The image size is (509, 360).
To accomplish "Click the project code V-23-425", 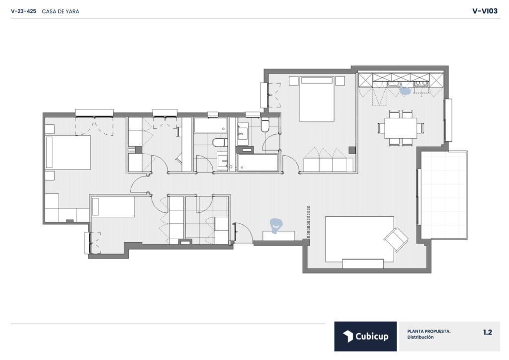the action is [x=23, y=11].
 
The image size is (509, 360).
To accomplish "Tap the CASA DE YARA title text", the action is [x=60, y=11].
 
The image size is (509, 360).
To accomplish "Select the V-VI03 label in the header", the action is [x=485, y=11].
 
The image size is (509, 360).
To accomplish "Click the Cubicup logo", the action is [x=365, y=336].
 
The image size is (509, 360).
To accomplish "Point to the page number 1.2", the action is [x=488, y=332].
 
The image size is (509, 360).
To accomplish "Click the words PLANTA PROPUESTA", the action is [x=429, y=332].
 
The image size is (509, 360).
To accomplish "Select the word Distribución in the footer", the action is [x=421, y=337].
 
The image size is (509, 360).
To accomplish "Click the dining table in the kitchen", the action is [x=401, y=128].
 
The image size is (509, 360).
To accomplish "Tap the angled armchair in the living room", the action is [x=396, y=239].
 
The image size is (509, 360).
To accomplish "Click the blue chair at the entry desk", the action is [x=276, y=225].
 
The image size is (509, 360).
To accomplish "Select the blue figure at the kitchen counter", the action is [x=405, y=90].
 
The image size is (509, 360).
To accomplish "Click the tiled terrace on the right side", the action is [x=444, y=195].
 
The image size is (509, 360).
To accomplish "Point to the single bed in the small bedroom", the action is [x=113, y=207].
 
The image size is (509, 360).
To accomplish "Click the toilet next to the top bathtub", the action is [x=220, y=142].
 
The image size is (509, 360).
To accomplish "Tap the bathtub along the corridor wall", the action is [x=258, y=162].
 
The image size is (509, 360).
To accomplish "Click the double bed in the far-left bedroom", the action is [x=68, y=152].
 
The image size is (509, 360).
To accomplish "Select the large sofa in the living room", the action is [x=360, y=239].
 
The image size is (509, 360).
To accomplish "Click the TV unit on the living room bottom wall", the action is [x=363, y=264].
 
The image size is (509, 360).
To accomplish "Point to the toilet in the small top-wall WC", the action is [x=265, y=125].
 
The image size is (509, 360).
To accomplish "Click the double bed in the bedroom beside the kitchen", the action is [x=317, y=99].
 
